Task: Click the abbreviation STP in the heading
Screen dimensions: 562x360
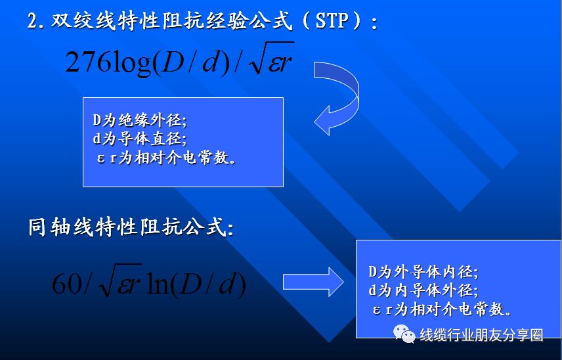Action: (331, 21)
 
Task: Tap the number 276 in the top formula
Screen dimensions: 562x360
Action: (89, 61)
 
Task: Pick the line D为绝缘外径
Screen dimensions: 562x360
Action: (140, 120)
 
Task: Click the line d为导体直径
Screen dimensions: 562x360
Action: (140, 139)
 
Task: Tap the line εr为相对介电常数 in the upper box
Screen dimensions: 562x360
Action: (167, 158)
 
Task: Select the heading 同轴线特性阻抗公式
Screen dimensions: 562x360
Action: (131, 227)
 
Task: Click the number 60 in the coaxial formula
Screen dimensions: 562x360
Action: (67, 284)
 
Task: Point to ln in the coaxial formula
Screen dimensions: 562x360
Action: (159, 284)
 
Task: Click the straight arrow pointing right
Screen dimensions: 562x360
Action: (313, 282)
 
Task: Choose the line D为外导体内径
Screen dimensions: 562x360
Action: (423, 272)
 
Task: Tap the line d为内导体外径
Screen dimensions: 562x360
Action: (423, 290)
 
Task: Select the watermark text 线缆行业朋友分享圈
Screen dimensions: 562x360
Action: (482, 335)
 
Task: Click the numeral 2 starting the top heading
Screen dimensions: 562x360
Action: (33, 22)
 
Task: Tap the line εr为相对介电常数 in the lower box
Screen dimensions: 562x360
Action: (443, 309)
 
